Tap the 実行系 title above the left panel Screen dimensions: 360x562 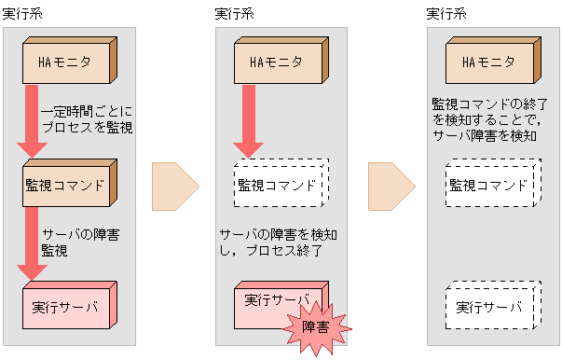[x=22, y=13]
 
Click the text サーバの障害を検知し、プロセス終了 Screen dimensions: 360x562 [x=281, y=242]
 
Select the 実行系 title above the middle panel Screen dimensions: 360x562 [x=234, y=13]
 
